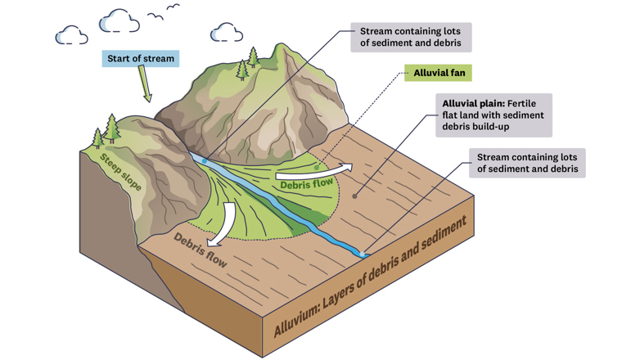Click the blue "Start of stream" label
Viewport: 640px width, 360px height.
coord(141,59)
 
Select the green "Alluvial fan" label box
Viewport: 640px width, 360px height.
coord(439,73)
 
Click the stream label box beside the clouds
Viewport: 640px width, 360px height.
coord(411,38)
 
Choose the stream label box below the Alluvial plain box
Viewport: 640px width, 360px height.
coord(526,162)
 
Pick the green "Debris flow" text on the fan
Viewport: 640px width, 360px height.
coord(306,185)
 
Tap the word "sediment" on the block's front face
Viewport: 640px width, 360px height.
coord(443,234)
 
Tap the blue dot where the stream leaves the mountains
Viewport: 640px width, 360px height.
coord(204,160)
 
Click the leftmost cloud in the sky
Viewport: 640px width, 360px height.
coord(71,34)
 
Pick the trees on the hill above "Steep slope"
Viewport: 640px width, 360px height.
coord(105,131)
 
